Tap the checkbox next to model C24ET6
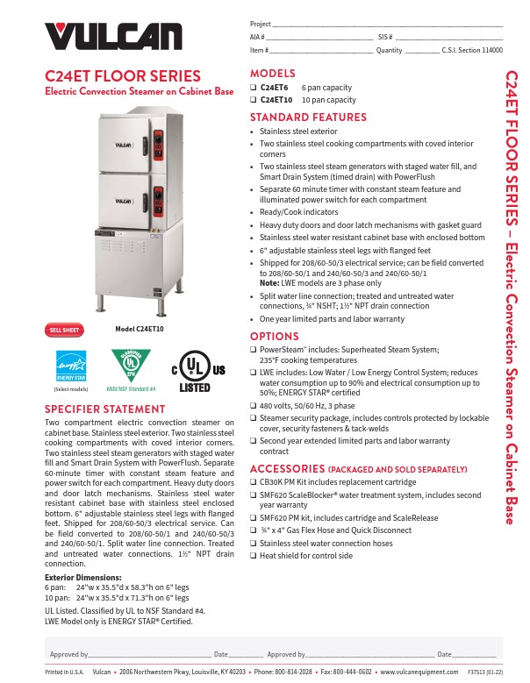(x=254, y=88)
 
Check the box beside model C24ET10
(x=254, y=100)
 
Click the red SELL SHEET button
(x=64, y=330)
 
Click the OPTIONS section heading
(x=275, y=337)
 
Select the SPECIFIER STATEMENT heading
(x=104, y=409)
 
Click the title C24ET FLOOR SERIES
(x=123, y=76)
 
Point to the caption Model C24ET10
(x=140, y=329)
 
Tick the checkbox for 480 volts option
(x=254, y=406)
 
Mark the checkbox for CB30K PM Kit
(x=254, y=482)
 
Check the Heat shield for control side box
(x=254, y=555)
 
